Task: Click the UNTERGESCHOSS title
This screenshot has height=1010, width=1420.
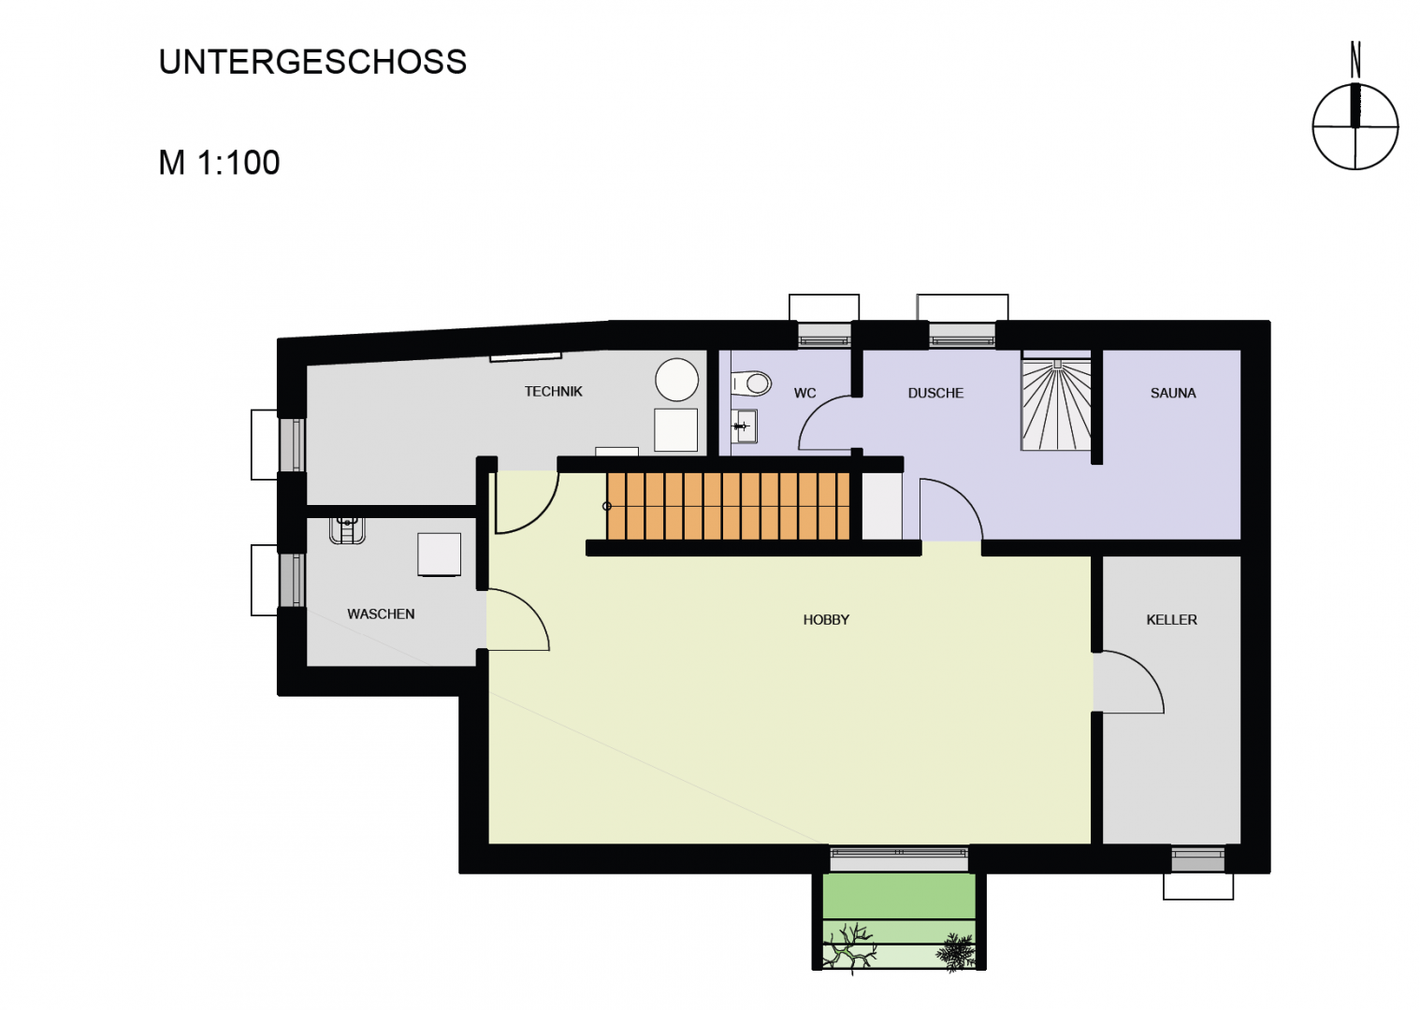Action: tap(312, 62)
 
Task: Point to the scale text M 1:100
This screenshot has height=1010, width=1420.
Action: tap(219, 163)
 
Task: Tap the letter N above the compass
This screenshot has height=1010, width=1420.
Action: tap(1355, 60)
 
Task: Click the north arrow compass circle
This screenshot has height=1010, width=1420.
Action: tap(1355, 127)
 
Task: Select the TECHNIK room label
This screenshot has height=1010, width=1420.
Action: tap(554, 392)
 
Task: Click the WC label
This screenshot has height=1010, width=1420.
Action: tap(805, 394)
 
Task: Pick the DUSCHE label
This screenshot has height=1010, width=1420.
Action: tap(935, 394)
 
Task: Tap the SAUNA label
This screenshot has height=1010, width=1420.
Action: tap(1173, 394)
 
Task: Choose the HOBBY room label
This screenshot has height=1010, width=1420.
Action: tap(826, 620)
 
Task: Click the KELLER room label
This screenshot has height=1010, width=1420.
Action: tap(1171, 620)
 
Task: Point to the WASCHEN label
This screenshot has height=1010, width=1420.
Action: tap(381, 614)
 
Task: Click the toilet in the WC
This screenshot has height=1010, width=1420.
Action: tap(751, 383)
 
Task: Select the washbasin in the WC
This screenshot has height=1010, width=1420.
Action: tap(745, 426)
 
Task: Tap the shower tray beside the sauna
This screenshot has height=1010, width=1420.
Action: tap(1056, 406)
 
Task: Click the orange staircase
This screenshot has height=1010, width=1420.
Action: tap(728, 506)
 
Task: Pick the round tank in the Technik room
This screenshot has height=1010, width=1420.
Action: tap(677, 380)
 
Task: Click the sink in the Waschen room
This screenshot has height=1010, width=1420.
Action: tap(347, 530)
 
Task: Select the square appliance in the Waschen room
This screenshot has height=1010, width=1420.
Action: tap(440, 555)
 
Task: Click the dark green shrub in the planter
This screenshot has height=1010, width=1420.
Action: tap(954, 952)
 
